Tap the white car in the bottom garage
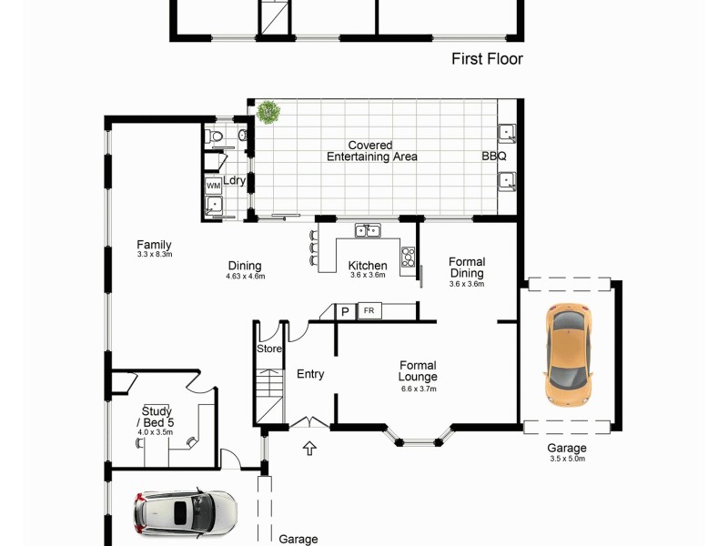(x=186, y=512)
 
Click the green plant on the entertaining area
(x=268, y=112)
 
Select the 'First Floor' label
(x=487, y=59)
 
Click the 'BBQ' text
(x=493, y=157)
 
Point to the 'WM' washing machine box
(x=213, y=186)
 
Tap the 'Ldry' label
(x=235, y=180)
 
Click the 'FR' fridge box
(x=369, y=311)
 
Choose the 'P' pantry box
(x=345, y=311)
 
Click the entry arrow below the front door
(x=310, y=448)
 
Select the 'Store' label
(x=269, y=348)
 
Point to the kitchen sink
(x=368, y=230)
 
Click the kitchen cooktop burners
(x=408, y=256)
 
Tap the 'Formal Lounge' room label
(x=418, y=371)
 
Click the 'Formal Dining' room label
(x=467, y=268)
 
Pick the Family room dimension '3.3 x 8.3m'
(x=154, y=255)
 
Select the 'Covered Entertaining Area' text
(x=371, y=151)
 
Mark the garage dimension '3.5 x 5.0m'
(x=566, y=459)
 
